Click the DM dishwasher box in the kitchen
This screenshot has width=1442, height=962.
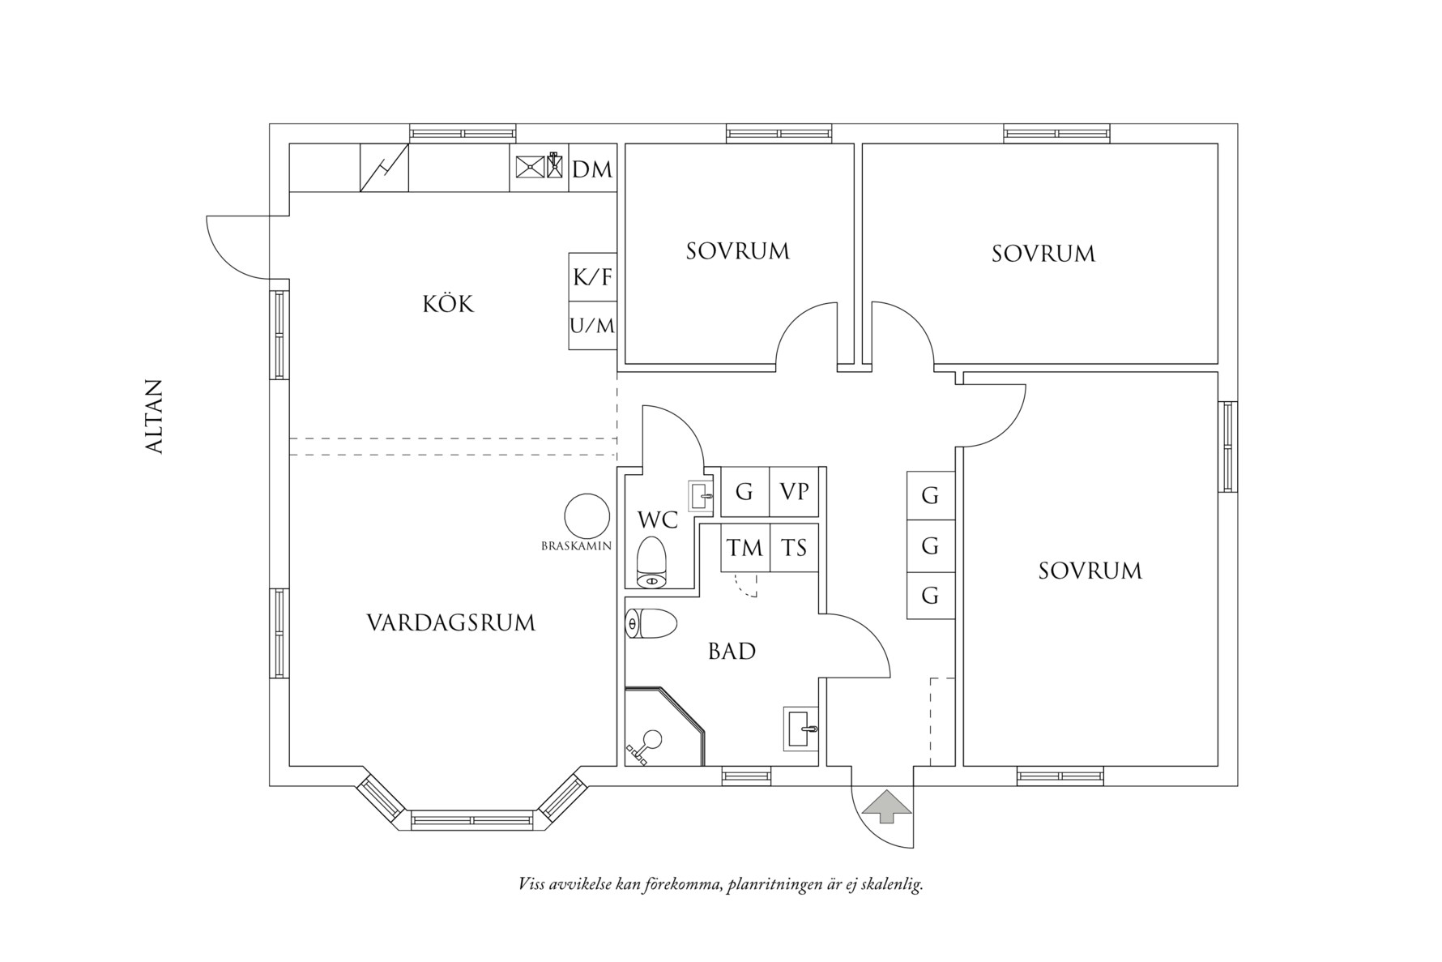click(x=592, y=169)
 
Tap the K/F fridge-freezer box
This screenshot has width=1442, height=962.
click(x=592, y=277)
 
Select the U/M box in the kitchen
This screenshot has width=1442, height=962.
click(x=592, y=326)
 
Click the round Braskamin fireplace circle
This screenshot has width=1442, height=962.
click(x=587, y=515)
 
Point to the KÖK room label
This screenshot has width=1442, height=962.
click(x=448, y=305)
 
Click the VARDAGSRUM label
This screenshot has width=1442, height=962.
click(x=451, y=622)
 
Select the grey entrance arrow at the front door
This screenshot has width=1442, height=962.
click(x=888, y=806)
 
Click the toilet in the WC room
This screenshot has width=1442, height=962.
click(x=651, y=561)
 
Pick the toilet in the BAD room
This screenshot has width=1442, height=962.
click(x=652, y=624)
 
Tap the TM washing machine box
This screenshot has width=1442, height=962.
click(x=744, y=548)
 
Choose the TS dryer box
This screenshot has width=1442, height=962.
click(x=794, y=548)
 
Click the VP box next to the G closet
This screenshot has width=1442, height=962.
click(x=794, y=491)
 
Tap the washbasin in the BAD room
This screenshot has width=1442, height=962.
click(x=801, y=726)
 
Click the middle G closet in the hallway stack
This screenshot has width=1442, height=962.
click(x=930, y=545)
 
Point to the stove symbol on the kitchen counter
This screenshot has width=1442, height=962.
click(x=384, y=169)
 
